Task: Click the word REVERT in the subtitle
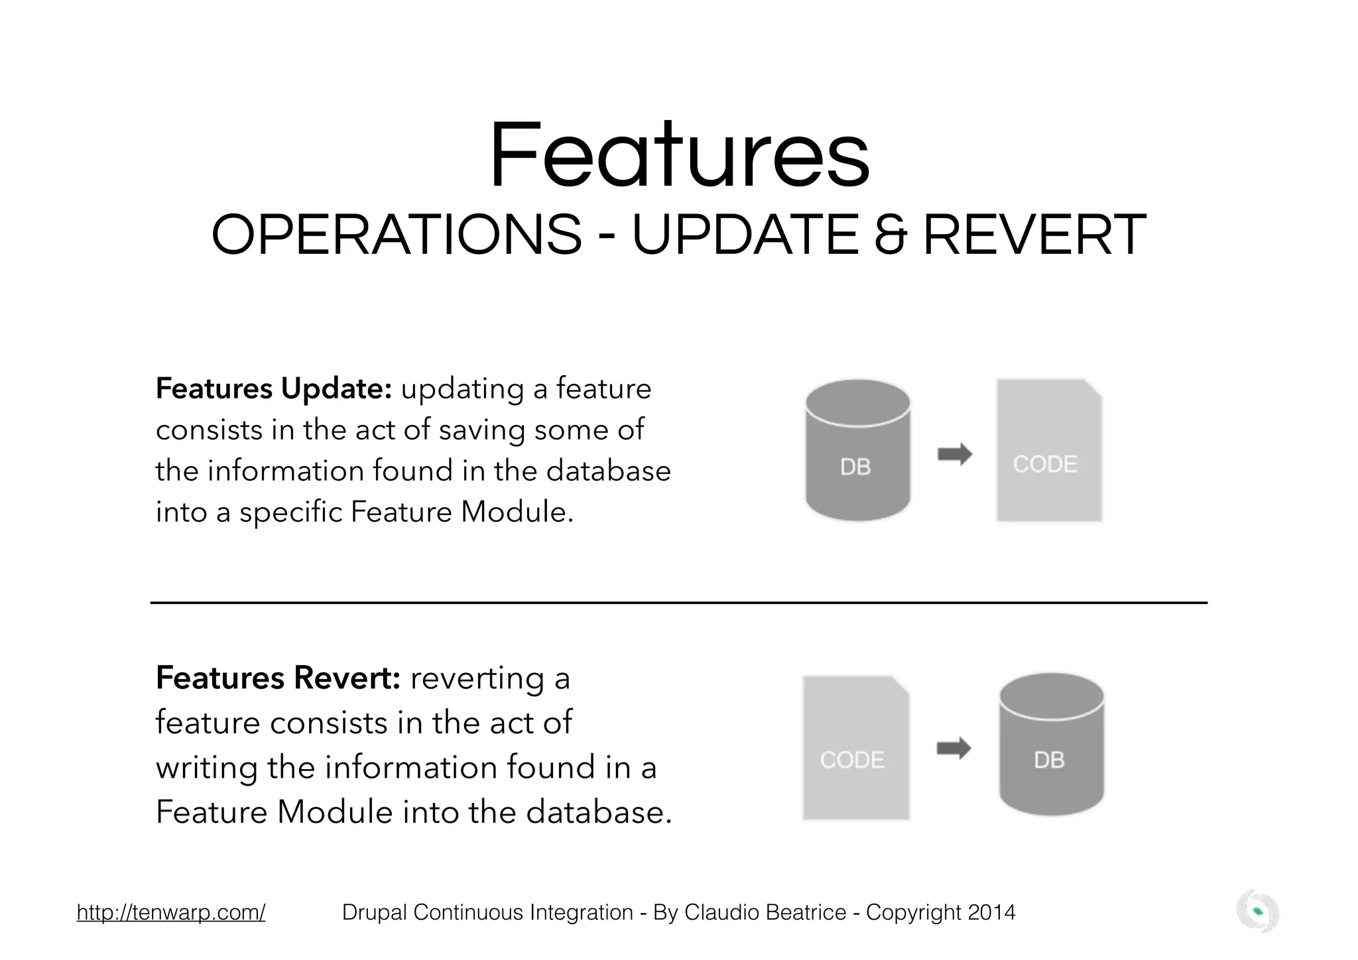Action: pos(1034,235)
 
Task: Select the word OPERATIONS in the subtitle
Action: pos(396,235)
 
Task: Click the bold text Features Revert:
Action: pos(278,678)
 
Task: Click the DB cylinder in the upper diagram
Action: pos(857,450)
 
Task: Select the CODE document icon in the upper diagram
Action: pos(1048,450)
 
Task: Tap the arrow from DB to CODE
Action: pos(954,454)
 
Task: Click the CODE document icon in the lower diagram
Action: pos(855,748)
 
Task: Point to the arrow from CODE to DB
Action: pos(954,749)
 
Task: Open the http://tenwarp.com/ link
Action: pos(171,912)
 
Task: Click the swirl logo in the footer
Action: pos(1257,912)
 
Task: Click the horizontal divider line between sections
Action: pos(678,603)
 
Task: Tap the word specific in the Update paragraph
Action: pos(290,512)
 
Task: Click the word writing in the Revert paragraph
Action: pos(206,768)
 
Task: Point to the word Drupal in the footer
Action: pos(375,912)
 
